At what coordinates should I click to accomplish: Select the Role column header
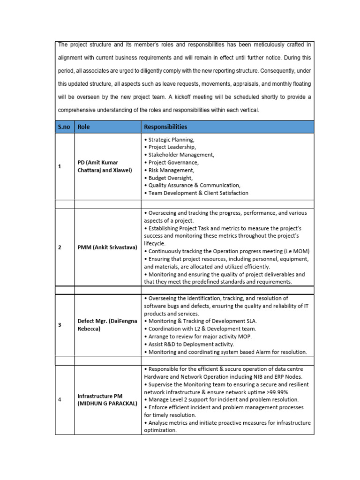(84, 127)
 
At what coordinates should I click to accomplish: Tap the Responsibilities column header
(165, 127)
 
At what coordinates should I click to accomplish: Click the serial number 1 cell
(60, 166)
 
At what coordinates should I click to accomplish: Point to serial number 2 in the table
(60, 247)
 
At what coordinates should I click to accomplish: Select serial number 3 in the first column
(60, 325)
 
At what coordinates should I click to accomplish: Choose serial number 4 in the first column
(60, 399)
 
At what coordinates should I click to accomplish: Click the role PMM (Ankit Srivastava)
(107, 247)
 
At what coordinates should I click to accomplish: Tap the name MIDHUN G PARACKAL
(107, 404)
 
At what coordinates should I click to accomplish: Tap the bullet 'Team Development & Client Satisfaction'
(196, 193)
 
